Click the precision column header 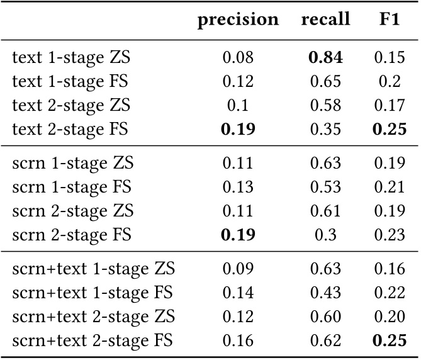238,20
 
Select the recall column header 325,20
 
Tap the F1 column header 389,20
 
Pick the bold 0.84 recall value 325,58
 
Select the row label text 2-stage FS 70,130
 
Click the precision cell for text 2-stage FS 238,130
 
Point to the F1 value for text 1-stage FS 389,82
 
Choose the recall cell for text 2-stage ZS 325,106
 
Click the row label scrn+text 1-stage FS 93,293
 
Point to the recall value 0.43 325,293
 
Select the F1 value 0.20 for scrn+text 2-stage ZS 389,317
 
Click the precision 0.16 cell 238,341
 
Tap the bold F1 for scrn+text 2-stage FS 389,341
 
